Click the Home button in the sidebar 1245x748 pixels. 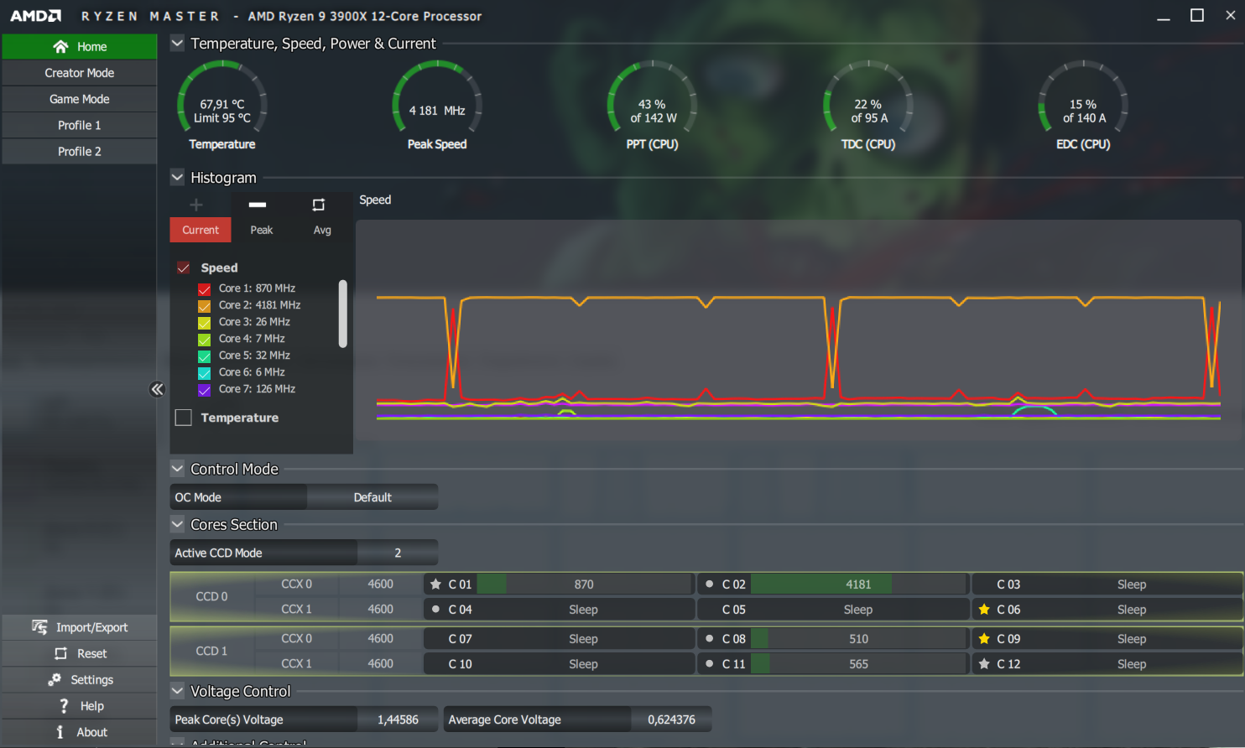(80, 47)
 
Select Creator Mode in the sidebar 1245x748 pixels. (80, 73)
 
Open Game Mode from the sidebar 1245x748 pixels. (80, 99)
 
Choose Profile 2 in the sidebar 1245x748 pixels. (80, 151)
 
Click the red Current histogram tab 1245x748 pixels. (201, 230)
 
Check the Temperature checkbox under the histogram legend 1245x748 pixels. (184, 418)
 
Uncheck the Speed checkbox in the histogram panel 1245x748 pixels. (184, 268)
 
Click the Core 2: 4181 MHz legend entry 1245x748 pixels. (259, 305)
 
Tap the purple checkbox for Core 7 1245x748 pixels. (204, 390)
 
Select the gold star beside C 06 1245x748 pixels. (984, 610)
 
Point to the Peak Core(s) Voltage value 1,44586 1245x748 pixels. (398, 719)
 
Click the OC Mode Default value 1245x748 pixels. (372, 497)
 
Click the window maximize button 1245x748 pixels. (1197, 16)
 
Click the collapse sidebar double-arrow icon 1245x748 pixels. (157, 389)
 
